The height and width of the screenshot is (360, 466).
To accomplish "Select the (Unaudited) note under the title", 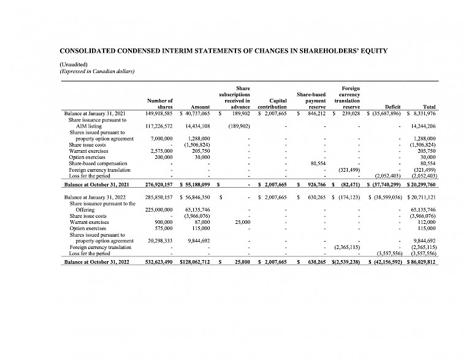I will point(74,64).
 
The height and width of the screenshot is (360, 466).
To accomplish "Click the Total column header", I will point(429,107).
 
